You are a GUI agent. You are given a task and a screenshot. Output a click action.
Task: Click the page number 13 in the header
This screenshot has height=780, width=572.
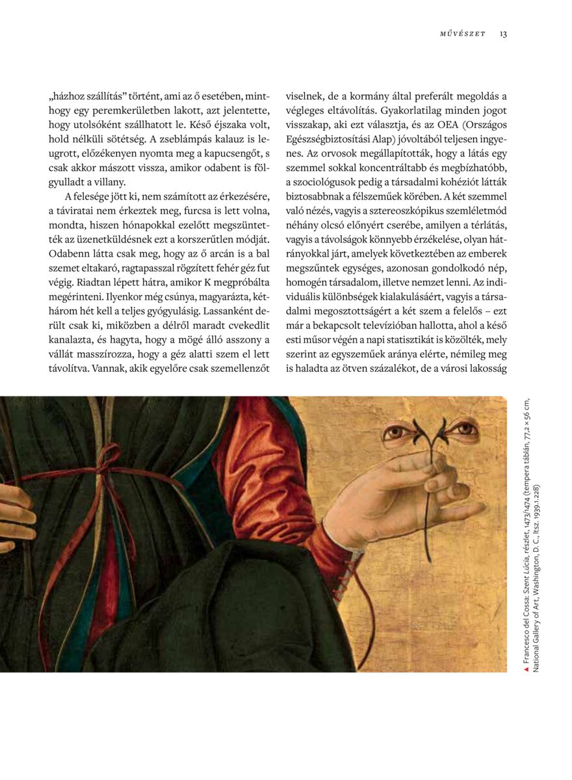(503, 34)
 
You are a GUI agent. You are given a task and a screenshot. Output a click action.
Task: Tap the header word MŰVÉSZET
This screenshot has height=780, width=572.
(461, 34)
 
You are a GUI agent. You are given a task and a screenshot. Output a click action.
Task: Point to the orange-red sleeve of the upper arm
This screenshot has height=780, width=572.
(250, 448)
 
